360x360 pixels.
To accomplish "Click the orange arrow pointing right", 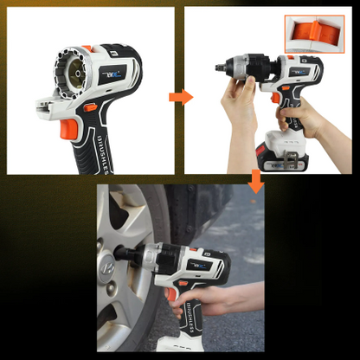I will [180, 96].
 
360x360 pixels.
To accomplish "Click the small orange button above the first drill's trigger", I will [90, 107].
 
